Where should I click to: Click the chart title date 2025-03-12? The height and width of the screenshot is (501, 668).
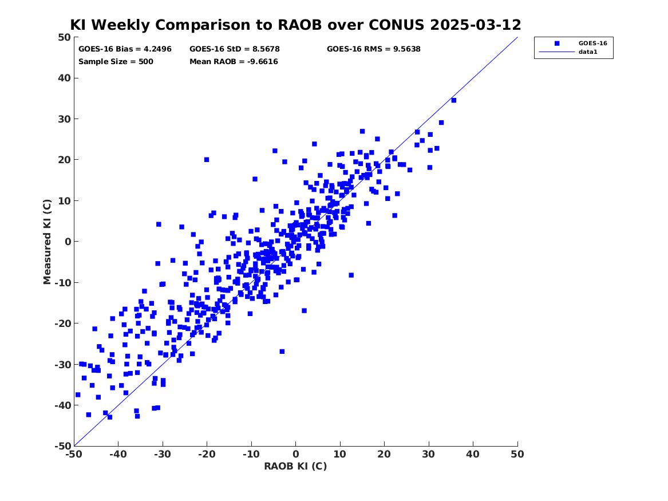pyautogui.click(x=476, y=25)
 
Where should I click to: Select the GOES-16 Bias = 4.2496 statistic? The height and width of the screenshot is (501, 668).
pyautogui.click(x=125, y=49)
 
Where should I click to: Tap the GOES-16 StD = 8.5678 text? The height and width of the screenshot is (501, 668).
pyautogui.click(x=235, y=49)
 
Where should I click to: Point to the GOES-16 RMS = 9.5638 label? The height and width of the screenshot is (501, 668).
pyautogui.click(x=374, y=49)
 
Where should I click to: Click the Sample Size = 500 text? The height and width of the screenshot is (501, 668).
pyautogui.click(x=116, y=61)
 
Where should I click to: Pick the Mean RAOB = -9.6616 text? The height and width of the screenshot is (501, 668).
pyautogui.click(x=234, y=61)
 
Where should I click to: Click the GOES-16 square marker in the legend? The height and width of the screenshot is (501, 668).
pyautogui.click(x=557, y=44)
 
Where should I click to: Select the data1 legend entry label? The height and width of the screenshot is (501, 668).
pyautogui.click(x=588, y=52)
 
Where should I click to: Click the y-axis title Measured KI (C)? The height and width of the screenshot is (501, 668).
pyautogui.click(x=47, y=242)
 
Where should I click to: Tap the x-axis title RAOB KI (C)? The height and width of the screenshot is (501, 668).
pyautogui.click(x=296, y=466)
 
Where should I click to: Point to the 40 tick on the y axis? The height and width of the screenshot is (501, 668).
pyautogui.click(x=64, y=78)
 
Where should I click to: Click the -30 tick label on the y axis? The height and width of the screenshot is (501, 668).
pyautogui.click(x=62, y=364)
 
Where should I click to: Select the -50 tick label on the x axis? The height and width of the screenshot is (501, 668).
pyautogui.click(x=74, y=454)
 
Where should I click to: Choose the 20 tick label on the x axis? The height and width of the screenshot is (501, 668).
pyautogui.click(x=384, y=454)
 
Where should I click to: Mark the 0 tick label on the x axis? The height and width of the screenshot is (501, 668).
pyautogui.click(x=296, y=454)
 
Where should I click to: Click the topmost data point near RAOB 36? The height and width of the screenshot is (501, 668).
pyautogui.click(x=454, y=101)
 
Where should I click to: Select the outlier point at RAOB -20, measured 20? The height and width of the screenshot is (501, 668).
pyautogui.click(x=207, y=160)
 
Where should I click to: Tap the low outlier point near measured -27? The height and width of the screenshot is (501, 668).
pyautogui.click(x=282, y=352)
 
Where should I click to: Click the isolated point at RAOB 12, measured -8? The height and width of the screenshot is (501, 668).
pyautogui.click(x=351, y=275)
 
